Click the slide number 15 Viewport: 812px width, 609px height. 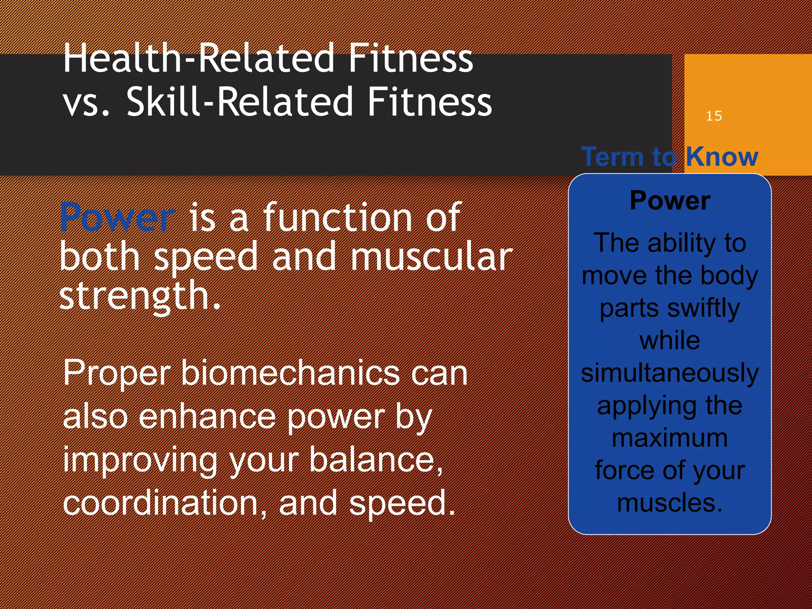[714, 116]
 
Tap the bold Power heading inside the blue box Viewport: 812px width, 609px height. [670, 201]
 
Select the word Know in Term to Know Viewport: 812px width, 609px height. [722, 157]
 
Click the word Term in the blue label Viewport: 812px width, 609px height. [612, 157]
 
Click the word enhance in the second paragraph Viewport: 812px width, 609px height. [206, 417]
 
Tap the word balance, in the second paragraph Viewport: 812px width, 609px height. [376, 460]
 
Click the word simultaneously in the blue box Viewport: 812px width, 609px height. [670, 373]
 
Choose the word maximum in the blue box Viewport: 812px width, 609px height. [670, 439]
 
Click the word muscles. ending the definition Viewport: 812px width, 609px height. [670, 503]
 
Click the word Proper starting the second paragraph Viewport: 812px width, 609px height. [117, 373]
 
